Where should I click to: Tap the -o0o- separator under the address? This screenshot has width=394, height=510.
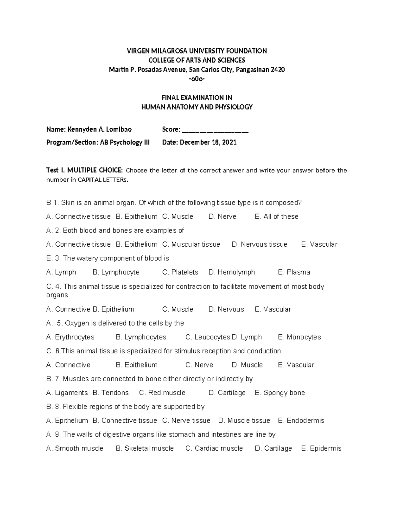(197, 79)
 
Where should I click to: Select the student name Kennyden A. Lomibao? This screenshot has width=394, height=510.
(99, 129)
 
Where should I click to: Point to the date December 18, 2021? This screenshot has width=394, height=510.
(208, 142)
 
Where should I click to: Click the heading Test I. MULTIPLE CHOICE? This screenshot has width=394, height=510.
(85, 170)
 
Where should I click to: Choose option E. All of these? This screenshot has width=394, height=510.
(276, 216)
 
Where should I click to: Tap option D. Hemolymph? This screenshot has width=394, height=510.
(231, 272)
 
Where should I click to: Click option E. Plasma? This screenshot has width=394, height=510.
(294, 272)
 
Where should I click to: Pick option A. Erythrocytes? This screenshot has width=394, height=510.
(70, 337)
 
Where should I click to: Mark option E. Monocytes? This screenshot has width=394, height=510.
(299, 337)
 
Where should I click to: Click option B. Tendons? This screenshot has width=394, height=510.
(111, 393)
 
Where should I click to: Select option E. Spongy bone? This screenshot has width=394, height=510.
(280, 393)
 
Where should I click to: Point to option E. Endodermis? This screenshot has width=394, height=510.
(301, 421)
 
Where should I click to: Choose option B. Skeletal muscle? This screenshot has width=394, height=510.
(145, 448)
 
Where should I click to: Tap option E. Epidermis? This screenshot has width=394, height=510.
(321, 448)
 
